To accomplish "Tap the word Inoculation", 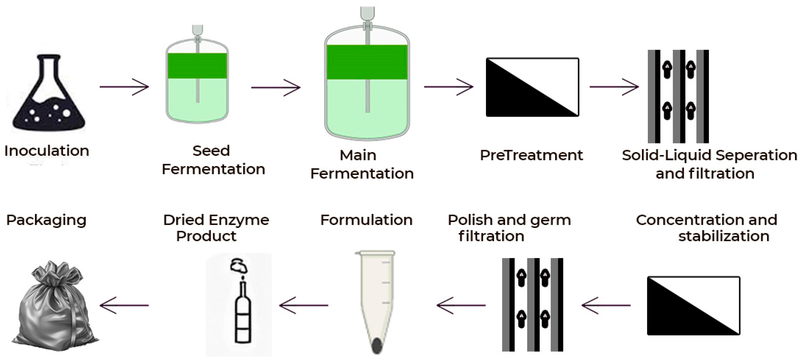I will pyautogui.click(x=47, y=151).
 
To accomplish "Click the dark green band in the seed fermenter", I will pyautogui.click(x=197, y=66).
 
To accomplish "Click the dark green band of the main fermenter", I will pyautogui.click(x=367, y=62).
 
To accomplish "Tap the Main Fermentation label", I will pyautogui.click(x=362, y=164).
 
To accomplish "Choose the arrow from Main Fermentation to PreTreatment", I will pyautogui.click(x=448, y=87).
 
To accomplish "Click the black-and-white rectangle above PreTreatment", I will pyautogui.click(x=532, y=87).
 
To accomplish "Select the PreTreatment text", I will pyautogui.click(x=531, y=155).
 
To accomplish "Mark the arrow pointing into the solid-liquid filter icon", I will pyautogui.click(x=614, y=87).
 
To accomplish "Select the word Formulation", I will pyautogui.click(x=366, y=220).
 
